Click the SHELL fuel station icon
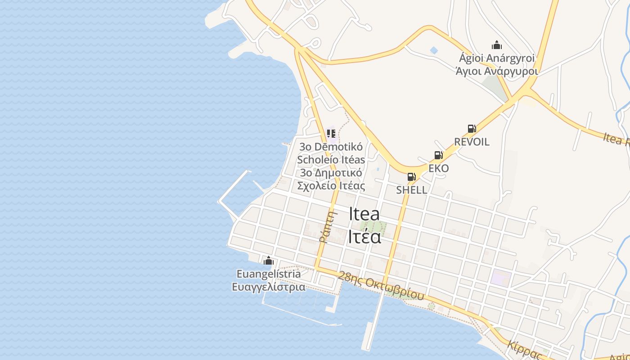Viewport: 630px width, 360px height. click(411, 177)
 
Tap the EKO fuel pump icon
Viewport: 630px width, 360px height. click(438, 156)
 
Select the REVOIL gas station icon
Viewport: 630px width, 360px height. click(472, 129)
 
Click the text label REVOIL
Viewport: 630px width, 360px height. click(472, 142)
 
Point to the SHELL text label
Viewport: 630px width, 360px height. click(411, 190)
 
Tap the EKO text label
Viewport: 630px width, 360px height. click(438, 168)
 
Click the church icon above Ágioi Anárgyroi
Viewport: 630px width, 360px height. click(497, 45)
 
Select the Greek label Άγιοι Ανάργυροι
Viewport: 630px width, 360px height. click(497, 71)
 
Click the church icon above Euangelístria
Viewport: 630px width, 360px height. click(269, 261)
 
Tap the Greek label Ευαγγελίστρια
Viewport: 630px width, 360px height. click(269, 287)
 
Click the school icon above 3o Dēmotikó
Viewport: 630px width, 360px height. click(331, 133)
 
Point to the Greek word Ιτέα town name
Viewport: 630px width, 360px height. click(364, 237)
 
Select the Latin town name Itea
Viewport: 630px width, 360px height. click(364, 214)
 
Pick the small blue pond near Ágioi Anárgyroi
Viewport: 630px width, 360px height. click(434, 50)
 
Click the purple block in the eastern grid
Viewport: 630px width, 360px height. click(501, 278)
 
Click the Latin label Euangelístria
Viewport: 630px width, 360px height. click(269, 274)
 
